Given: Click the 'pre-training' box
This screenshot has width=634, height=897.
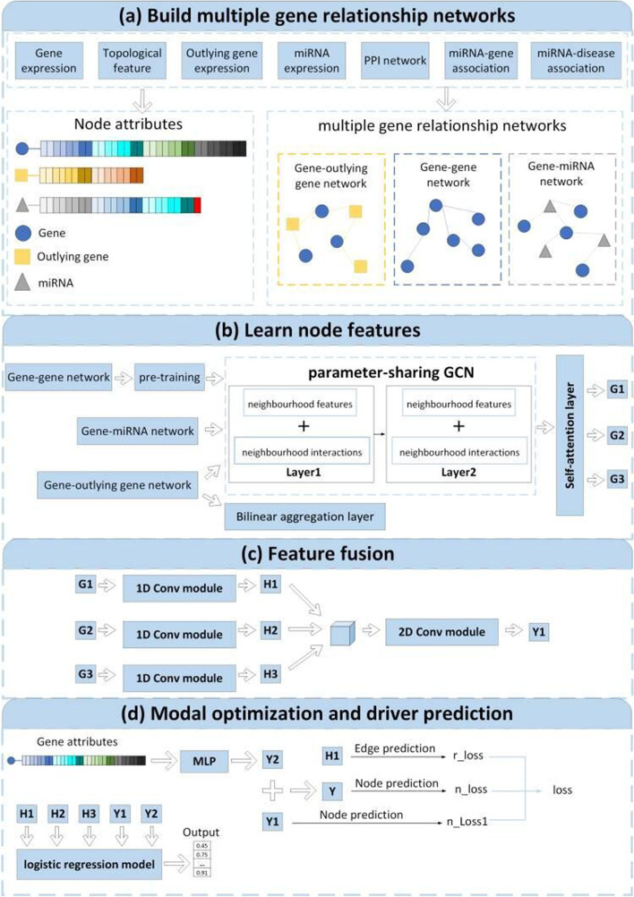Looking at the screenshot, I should (167, 380).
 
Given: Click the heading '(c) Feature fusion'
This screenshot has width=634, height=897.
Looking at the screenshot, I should (317, 555).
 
